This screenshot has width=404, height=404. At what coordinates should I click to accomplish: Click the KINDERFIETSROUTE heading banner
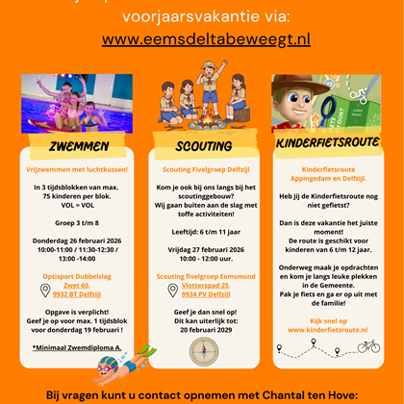pyautogui.click(x=327, y=145)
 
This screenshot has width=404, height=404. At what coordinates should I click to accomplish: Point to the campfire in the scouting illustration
pyautogui.click(x=200, y=116)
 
